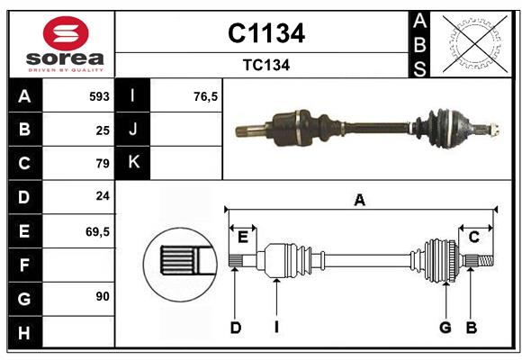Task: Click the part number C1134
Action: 265,33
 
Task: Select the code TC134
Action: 265,65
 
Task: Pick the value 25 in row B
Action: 103,130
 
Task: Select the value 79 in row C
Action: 103,164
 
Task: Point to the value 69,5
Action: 98,231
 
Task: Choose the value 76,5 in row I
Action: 206,96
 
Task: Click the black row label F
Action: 24,265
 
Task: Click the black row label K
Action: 134,163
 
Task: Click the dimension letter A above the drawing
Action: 359,200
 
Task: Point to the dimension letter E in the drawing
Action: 243,237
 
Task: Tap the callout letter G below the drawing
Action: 445,328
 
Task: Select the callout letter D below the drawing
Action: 235,328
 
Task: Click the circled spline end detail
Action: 180,262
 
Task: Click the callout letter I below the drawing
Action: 277,328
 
